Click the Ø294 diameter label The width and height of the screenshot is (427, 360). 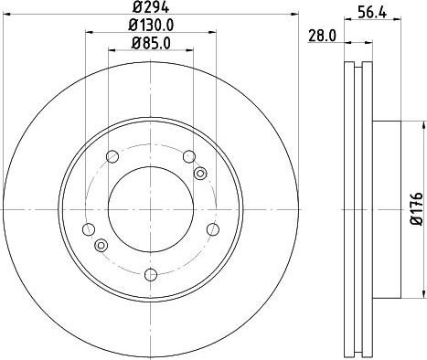(x=151, y=6)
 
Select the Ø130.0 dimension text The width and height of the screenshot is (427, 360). (x=151, y=26)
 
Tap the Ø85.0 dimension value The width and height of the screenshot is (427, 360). (x=151, y=43)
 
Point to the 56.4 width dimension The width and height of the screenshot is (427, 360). (x=372, y=13)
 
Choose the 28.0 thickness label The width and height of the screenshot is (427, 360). (x=322, y=36)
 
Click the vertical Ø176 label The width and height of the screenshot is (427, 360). (x=417, y=208)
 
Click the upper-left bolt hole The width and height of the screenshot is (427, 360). (x=112, y=156)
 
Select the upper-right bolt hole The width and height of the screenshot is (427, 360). (x=189, y=156)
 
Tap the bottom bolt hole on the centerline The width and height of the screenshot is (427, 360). (x=151, y=275)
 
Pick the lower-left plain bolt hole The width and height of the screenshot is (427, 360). (x=89, y=229)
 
